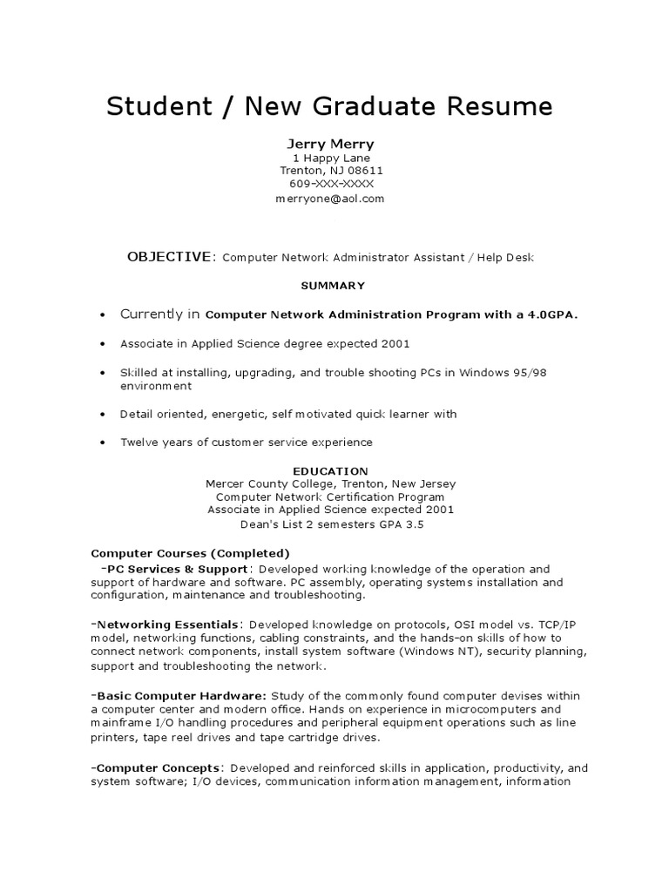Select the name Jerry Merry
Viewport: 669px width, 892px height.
(x=331, y=143)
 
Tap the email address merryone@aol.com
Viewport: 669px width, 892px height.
(x=331, y=199)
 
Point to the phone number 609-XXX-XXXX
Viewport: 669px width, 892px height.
(x=331, y=185)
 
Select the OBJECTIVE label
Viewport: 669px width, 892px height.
(x=168, y=257)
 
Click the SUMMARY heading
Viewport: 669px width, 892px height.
(x=333, y=286)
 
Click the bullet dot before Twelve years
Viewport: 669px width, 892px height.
(x=103, y=443)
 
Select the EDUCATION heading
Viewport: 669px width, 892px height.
(x=330, y=471)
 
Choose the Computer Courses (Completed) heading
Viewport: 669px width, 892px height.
(x=191, y=553)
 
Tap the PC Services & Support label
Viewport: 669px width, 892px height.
(x=174, y=568)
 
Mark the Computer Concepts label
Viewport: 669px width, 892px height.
(x=159, y=767)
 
